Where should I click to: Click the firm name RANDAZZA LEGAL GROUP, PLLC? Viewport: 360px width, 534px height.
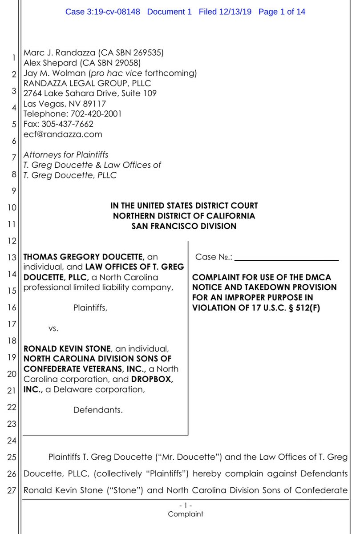pos(87,83)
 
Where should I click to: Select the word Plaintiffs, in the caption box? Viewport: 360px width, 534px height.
pos(90,307)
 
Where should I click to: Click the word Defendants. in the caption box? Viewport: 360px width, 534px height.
pos(98,409)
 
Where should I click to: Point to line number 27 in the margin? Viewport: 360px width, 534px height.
pos(13,491)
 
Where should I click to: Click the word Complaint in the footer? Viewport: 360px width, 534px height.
pos(186,514)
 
